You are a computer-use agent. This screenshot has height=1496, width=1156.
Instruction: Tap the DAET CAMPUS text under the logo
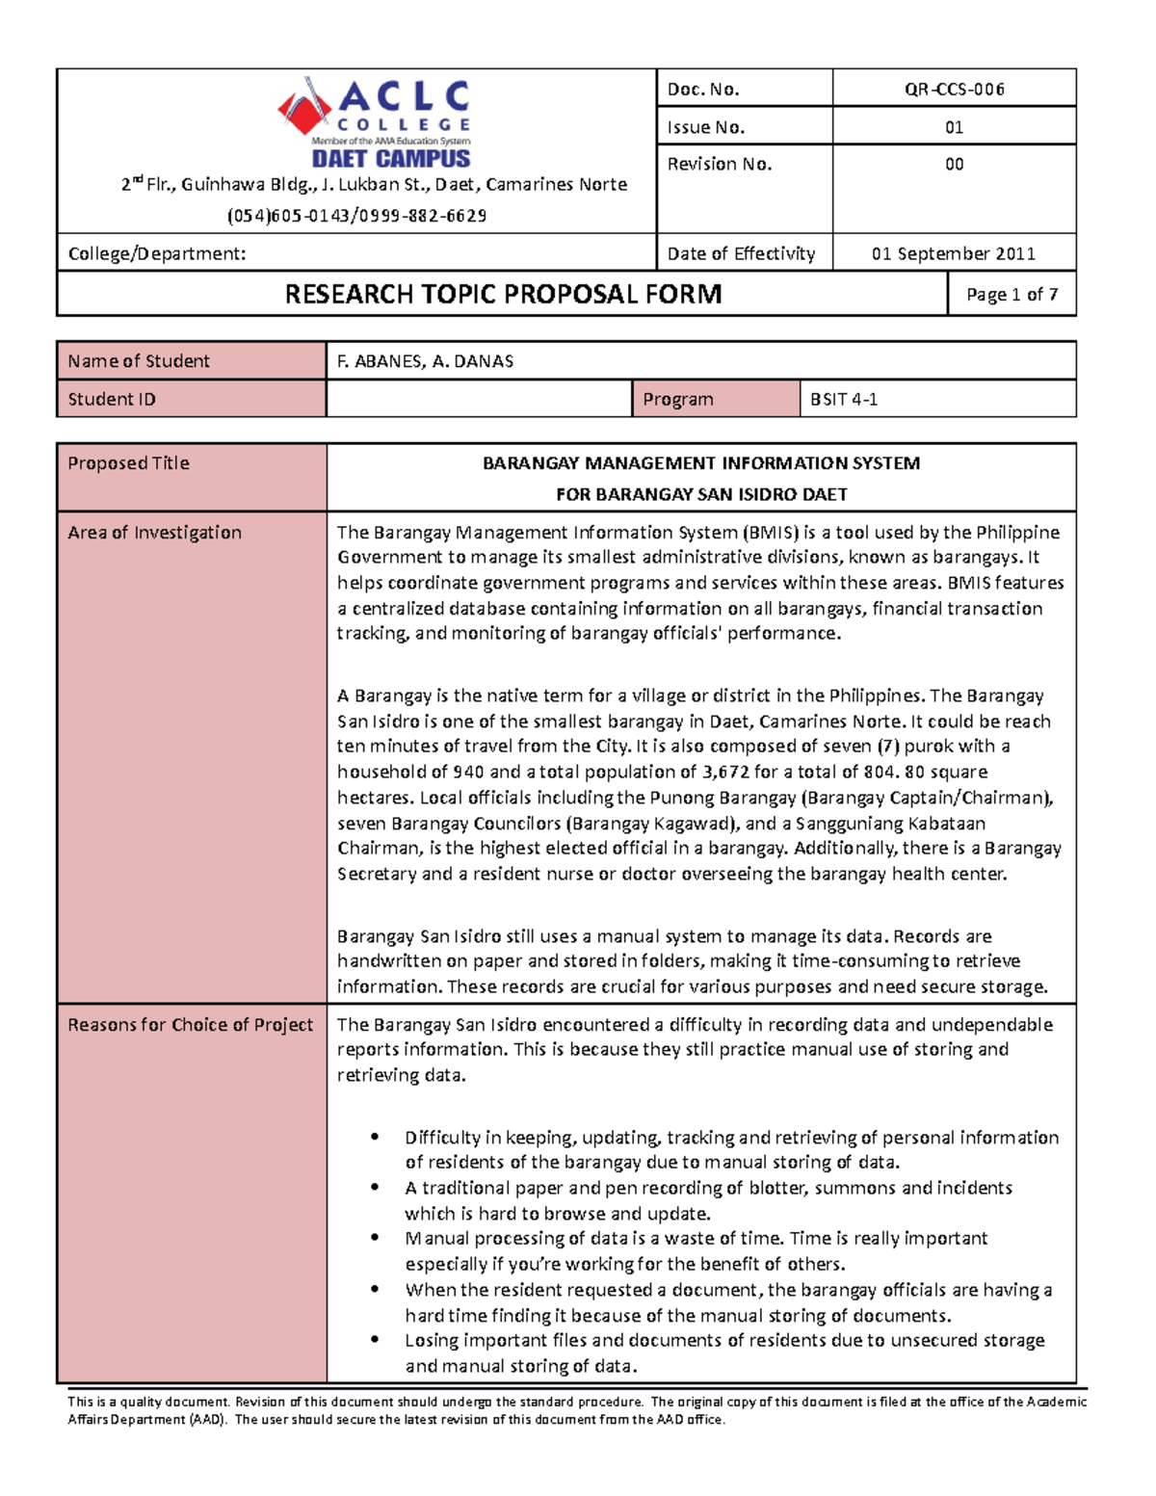coord(390,159)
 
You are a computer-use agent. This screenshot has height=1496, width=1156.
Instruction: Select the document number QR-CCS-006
coord(954,90)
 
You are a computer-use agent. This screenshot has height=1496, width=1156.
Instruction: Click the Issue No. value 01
coord(954,127)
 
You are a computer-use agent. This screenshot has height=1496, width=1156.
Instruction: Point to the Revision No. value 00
coord(954,165)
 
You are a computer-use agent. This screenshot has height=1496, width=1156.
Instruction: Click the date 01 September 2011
coord(954,253)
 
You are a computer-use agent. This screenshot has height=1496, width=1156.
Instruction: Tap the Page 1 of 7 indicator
coord(1011,295)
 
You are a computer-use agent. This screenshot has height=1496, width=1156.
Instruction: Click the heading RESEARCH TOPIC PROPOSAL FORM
coord(503,294)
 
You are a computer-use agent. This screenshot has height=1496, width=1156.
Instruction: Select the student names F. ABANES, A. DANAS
coord(425,361)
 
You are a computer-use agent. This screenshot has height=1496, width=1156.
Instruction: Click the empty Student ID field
coord(479,399)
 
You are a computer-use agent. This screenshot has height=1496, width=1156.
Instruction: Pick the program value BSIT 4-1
coord(844,399)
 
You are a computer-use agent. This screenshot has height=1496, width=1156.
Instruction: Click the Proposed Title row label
coord(128,463)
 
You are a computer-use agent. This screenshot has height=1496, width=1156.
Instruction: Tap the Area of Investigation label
coord(154,533)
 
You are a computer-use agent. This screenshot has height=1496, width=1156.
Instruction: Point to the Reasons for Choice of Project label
coord(190,1025)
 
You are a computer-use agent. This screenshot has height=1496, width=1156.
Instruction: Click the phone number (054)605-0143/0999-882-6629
coord(356,216)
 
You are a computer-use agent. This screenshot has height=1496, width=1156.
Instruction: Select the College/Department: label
coord(157,254)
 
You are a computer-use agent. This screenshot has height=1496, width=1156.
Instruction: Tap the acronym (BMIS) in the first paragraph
coord(770,533)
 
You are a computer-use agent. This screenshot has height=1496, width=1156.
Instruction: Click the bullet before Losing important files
coord(375,1340)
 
